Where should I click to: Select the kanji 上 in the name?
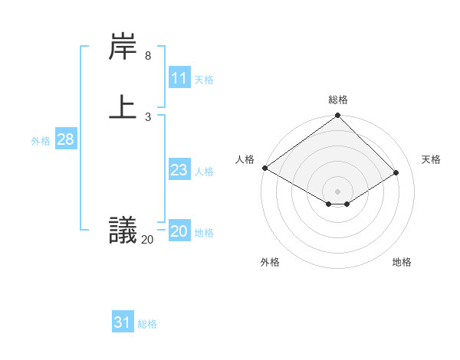tap(123, 106)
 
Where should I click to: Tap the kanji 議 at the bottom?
tap(123, 230)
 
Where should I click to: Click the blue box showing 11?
tap(179, 79)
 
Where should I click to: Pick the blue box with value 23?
tap(179, 171)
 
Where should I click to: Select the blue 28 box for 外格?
tap(65, 139)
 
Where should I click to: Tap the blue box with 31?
tap(123, 322)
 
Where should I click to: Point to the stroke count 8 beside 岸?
tap(148, 56)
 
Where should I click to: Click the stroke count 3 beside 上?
tap(148, 116)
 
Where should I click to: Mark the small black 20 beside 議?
tap(147, 240)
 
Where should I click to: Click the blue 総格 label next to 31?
tap(147, 324)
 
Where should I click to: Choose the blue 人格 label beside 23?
tap(204, 172)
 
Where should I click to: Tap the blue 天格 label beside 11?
tap(204, 80)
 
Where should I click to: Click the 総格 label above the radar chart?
tap(338, 100)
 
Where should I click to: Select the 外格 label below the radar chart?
tap(270, 262)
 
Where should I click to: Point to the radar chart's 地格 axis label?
tap(402, 262)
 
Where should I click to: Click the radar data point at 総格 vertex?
tap(338, 116)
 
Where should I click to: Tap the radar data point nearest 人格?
tap(265, 168)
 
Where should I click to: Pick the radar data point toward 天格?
tap(396, 173)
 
